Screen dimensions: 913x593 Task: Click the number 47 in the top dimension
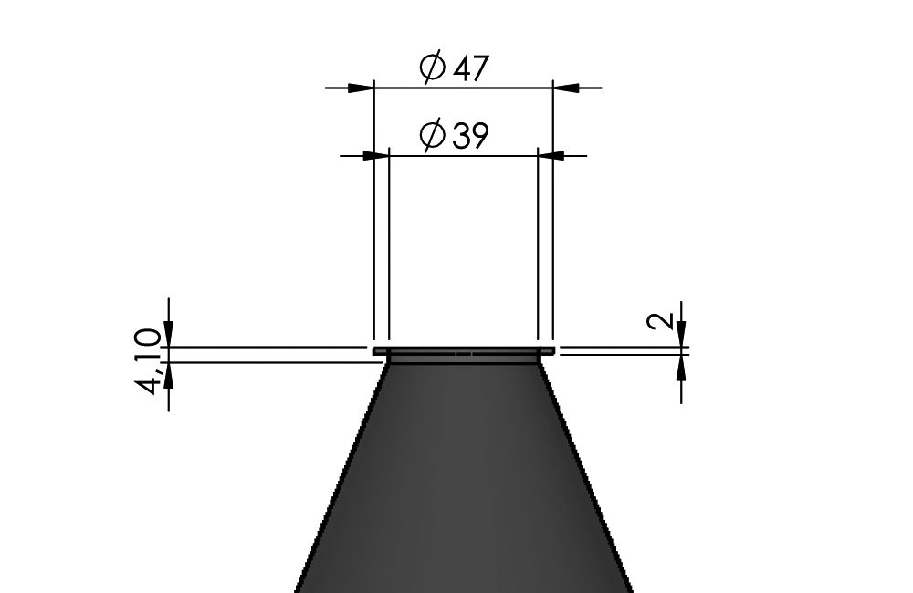click(469, 68)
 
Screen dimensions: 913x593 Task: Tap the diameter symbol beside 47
click(433, 67)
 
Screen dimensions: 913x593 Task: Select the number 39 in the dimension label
click(469, 136)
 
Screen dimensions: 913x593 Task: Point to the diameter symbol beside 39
click(433, 134)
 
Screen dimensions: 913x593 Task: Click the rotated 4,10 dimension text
click(148, 361)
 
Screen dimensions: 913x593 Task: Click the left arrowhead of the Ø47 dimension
click(361, 88)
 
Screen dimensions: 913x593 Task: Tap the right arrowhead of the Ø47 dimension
click(565, 88)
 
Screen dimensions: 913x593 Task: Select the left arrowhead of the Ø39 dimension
click(375, 156)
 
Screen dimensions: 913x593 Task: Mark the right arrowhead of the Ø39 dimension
click(551, 156)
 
